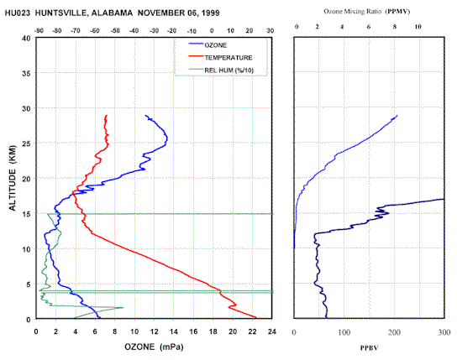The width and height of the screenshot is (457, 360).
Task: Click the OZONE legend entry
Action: click(x=207, y=45)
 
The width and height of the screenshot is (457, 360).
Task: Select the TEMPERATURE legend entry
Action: click(x=220, y=58)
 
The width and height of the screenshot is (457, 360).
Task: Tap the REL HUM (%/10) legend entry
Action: click(x=221, y=70)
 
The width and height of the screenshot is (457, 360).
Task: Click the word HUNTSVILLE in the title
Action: click(x=60, y=13)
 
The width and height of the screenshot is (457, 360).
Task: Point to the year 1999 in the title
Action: click(x=210, y=13)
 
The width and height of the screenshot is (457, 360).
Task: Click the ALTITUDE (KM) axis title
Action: click(x=13, y=178)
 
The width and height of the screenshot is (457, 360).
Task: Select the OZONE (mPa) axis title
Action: click(x=154, y=347)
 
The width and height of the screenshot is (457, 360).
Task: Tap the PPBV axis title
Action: click(x=369, y=347)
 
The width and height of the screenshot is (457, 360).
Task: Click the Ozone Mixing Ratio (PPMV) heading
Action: click(x=366, y=12)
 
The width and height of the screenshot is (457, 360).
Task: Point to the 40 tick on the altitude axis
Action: click(x=26, y=39)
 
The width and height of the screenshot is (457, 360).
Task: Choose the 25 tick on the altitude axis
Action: click(x=26, y=143)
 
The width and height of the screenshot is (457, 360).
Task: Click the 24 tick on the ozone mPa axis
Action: click(x=271, y=331)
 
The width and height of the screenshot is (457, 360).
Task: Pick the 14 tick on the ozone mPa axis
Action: click(x=173, y=331)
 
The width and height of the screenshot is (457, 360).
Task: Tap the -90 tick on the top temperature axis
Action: click(x=39, y=30)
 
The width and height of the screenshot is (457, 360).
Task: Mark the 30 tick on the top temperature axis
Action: click(x=271, y=30)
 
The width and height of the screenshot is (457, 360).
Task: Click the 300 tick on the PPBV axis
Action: click(x=444, y=332)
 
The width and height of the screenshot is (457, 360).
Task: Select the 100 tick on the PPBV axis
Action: click(x=344, y=332)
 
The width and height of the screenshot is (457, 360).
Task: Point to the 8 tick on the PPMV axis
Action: click(x=395, y=27)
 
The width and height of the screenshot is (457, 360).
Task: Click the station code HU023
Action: click(x=17, y=13)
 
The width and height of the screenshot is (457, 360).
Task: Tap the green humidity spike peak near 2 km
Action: click(x=123, y=307)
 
